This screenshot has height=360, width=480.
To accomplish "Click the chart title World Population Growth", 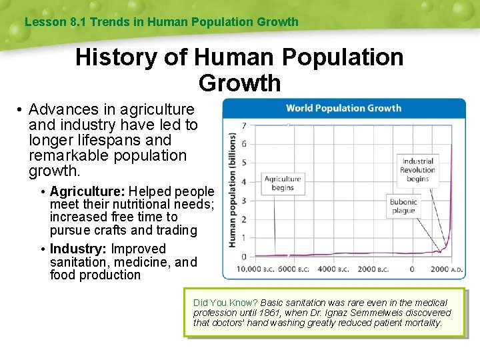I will (x=343, y=108).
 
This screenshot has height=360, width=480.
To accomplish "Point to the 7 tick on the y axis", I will (x=244, y=125).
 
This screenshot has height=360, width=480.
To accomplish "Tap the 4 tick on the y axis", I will (x=244, y=181).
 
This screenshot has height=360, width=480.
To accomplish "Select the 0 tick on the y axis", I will (x=244, y=257).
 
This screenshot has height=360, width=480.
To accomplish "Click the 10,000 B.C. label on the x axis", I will (x=249, y=269).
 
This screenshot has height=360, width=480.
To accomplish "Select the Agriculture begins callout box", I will (x=283, y=183).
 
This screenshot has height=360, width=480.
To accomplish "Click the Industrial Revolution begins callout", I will (x=418, y=170).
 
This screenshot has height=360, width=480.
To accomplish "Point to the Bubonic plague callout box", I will (x=403, y=206).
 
